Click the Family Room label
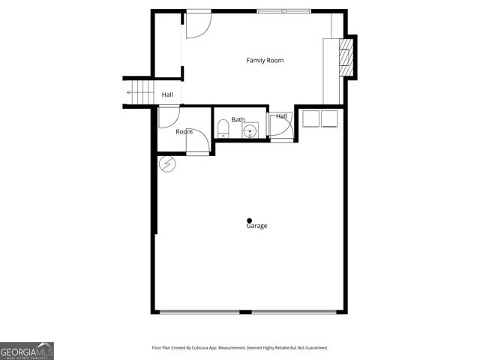(x=265, y=60)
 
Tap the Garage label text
(x=256, y=226)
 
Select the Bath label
(x=238, y=119)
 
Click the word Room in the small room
(x=184, y=132)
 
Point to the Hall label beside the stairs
(x=167, y=94)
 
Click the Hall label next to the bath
(x=281, y=116)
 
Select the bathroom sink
(x=250, y=131)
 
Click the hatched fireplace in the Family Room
(x=346, y=55)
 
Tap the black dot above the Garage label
(x=250, y=220)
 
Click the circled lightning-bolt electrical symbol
(x=166, y=163)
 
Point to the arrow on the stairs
(x=131, y=93)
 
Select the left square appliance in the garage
(x=311, y=118)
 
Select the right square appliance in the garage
(x=329, y=118)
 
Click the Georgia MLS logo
(x=27, y=350)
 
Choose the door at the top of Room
(x=168, y=116)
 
